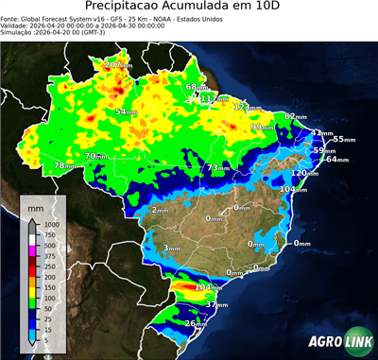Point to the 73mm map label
pos(218,167)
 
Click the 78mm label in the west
pos(64,165)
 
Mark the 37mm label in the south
pos(216,305)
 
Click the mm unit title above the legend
pos(35,204)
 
